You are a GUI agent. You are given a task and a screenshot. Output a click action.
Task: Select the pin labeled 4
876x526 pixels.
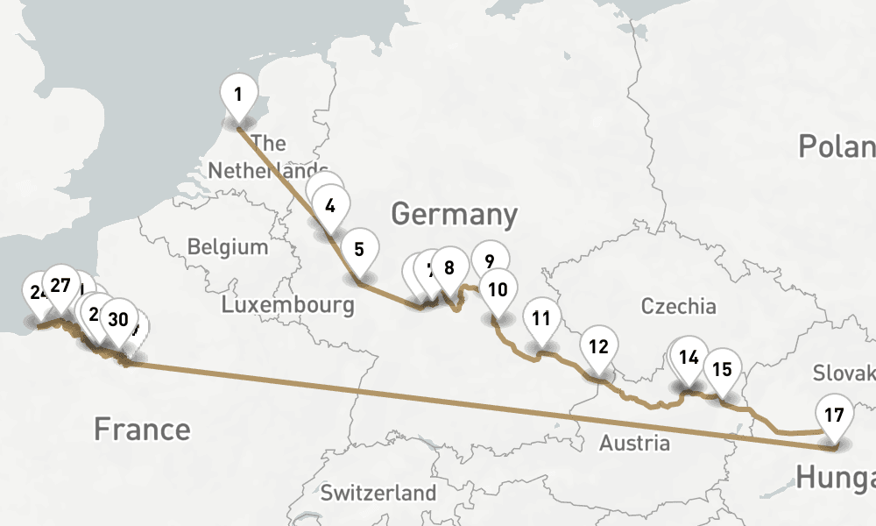(x=329, y=207)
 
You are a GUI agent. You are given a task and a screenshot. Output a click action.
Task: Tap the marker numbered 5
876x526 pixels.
(x=359, y=249)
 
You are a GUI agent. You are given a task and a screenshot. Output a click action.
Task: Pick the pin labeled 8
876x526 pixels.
(x=449, y=268)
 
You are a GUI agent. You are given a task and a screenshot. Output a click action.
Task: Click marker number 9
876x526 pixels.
(x=490, y=259)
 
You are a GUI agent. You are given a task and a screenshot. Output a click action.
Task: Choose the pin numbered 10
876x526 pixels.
(x=498, y=289)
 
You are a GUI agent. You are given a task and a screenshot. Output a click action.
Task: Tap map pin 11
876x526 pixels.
(x=541, y=318)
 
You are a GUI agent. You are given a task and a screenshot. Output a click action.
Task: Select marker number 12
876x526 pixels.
(x=598, y=345)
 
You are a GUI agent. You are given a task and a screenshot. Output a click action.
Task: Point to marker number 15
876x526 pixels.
(x=722, y=368)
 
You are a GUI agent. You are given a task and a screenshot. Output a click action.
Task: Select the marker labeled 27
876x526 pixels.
(x=60, y=285)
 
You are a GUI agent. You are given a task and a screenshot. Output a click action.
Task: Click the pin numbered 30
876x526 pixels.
(x=118, y=319)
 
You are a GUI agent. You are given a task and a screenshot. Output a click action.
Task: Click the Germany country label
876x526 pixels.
(x=454, y=214)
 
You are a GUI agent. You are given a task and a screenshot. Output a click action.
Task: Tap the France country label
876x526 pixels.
(x=142, y=429)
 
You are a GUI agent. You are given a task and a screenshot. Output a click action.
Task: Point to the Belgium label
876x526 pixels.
(x=228, y=246)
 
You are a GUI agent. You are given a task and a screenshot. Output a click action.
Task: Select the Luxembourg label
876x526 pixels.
(x=287, y=305)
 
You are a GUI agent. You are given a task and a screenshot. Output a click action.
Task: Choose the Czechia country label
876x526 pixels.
(x=678, y=306)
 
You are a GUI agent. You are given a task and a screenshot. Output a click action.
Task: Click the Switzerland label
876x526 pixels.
(x=378, y=492)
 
